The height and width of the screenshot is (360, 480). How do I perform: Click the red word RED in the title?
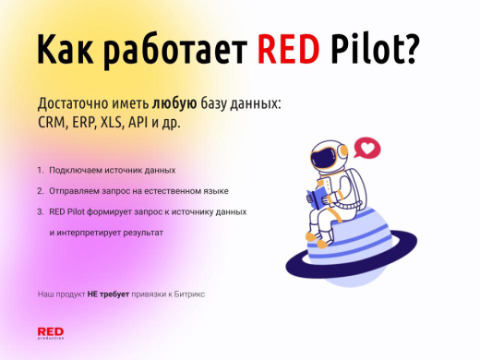pyautogui.click(x=286, y=52)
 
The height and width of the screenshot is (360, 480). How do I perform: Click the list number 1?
pyautogui.click(x=40, y=171)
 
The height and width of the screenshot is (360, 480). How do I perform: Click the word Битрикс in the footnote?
pyautogui.click(x=190, y=293)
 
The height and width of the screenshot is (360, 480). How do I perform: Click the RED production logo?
pyautogui.click(x=50, y=333)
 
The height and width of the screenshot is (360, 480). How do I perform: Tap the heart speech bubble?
pyautogui.click(x=369, y=147)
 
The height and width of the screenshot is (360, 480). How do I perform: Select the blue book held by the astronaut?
pyautogui.click(x=318, y=198)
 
